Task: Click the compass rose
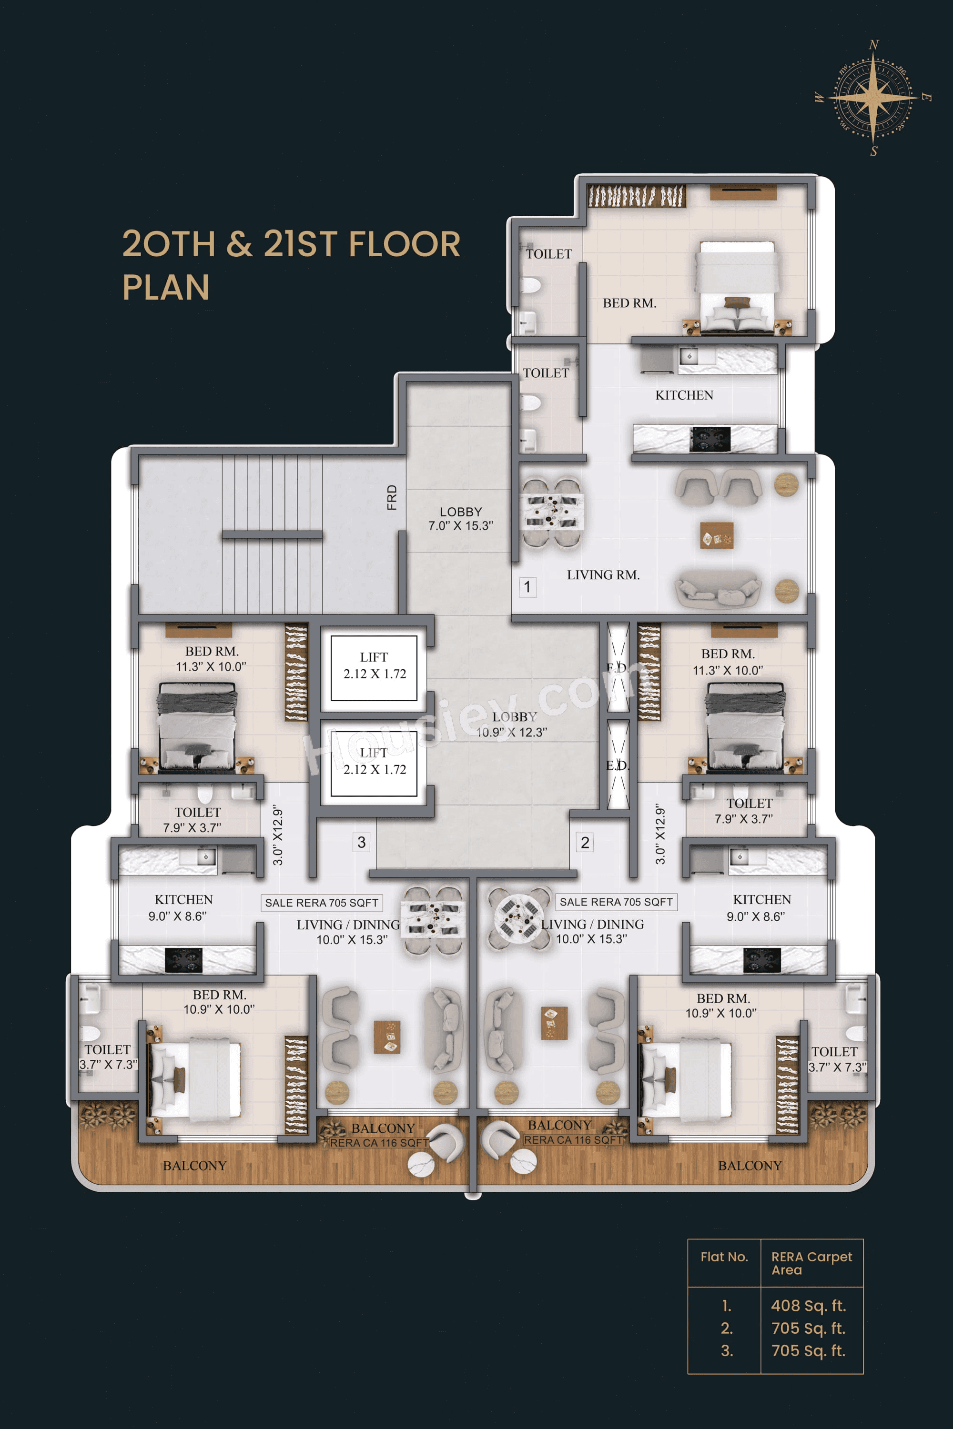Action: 873,97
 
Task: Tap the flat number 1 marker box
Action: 527,587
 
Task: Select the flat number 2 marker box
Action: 585,843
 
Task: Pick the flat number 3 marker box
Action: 362,843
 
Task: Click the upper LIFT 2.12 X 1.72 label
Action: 374,666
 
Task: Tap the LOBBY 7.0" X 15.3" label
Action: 461,519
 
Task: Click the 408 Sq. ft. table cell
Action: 808,1306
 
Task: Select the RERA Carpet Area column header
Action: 811,1263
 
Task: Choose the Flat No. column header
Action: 724,1257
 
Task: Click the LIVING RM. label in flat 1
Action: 603,575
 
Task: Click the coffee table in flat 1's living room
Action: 717,535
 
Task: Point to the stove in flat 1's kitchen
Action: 710,438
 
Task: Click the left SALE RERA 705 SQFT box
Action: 322,903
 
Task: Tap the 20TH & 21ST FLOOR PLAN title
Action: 291,265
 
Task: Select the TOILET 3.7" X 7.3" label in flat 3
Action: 108,1057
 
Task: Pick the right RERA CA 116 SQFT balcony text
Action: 573,1140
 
